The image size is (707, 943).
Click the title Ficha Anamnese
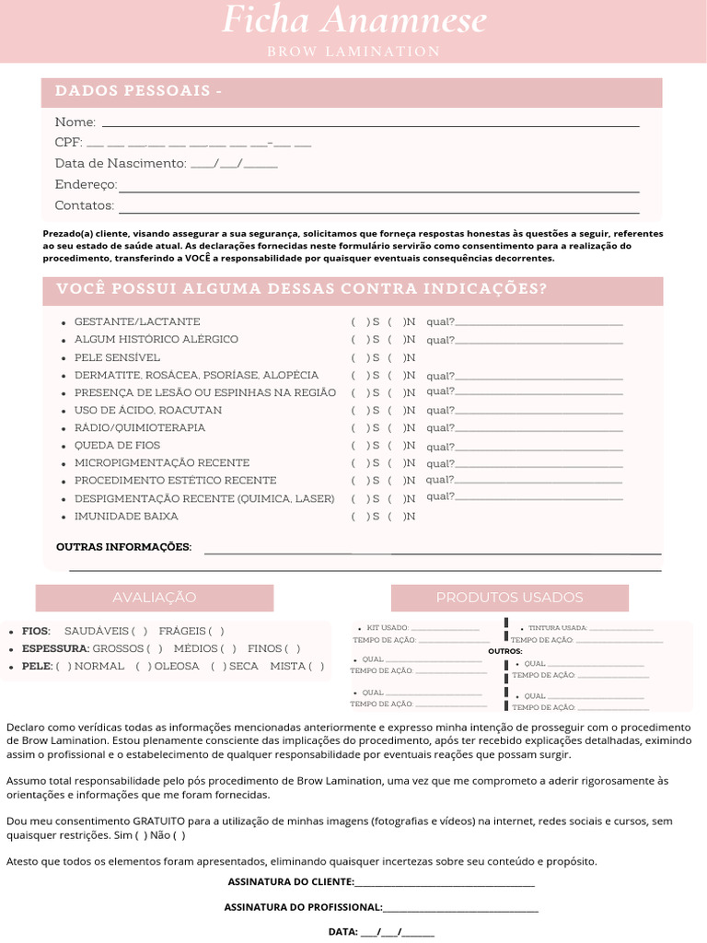[354, 20]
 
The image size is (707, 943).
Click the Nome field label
[75, 122]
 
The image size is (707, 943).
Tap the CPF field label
[68, 143]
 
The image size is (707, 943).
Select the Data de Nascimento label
[121, 163]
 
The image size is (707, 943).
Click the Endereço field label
[86, 184]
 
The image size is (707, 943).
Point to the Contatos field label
[85, 205]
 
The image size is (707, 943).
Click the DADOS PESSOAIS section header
[138, 91]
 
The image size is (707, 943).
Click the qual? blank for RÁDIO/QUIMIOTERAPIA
[539, 428]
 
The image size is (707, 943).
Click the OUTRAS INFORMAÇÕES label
[124, 547]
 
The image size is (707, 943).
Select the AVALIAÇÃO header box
[155, 598]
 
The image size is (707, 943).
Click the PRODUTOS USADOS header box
[509, 598]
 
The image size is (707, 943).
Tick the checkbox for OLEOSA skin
[143, 666]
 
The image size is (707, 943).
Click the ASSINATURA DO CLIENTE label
[290, 882]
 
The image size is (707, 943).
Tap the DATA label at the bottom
[343, 931]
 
